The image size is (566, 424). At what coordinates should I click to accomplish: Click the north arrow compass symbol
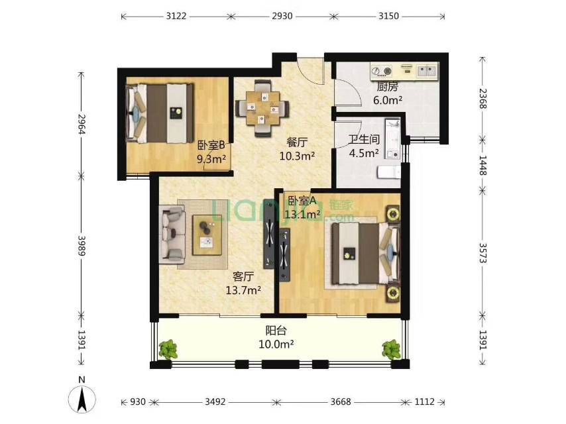(x=82, y=399)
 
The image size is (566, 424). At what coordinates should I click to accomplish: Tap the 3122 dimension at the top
(x=176, y=17)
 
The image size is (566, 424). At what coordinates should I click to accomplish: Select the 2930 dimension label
(x=282, y=17)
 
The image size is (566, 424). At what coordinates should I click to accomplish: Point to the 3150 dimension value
(x=389, y=17)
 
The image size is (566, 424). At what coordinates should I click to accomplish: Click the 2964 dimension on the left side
(x=82, y=124)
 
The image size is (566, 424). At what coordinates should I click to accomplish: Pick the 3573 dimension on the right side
(x=483, y=253)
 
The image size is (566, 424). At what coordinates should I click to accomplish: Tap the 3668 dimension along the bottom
(x=341, y=401)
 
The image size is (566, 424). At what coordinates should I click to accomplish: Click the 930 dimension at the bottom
(x=138, y=401)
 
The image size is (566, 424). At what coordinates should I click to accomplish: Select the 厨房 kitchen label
(x=387, y=87)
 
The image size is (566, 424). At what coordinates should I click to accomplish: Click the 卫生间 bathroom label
(x=364, y=140)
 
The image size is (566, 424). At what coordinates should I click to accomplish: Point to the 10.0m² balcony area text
(x=276, y=344)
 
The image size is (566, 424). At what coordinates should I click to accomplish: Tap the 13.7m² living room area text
(x=243, y=290)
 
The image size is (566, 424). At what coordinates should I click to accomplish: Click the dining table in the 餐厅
(x=262, y=108)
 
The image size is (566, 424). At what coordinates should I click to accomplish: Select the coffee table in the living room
(x=207, y=235)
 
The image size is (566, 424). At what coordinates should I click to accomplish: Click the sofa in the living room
(x=172, y=233)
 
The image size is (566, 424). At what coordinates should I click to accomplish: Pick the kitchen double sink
(x=426, y=70)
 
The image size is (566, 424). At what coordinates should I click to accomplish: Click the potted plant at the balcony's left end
(x=168, y=349)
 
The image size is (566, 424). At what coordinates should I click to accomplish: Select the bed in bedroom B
(x=160, y=113)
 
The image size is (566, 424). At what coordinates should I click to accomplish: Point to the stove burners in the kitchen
(x=382, y=71)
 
